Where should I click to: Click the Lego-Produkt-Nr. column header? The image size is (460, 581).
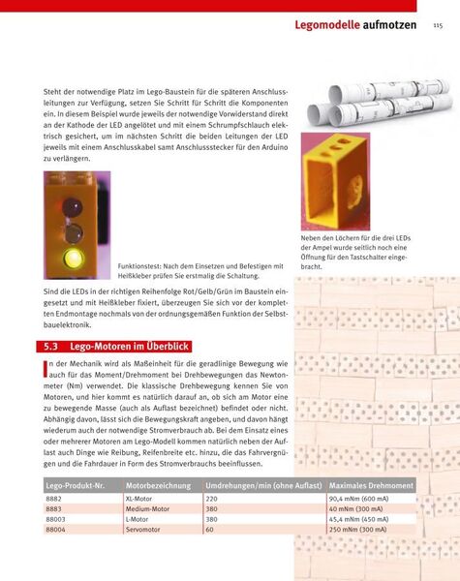[x=77, y=483]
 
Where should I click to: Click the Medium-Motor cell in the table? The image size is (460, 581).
[x=148, y=507]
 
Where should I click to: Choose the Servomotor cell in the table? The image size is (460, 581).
[x=145, y=530]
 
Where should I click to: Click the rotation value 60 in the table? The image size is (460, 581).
[x=211, y=530]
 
